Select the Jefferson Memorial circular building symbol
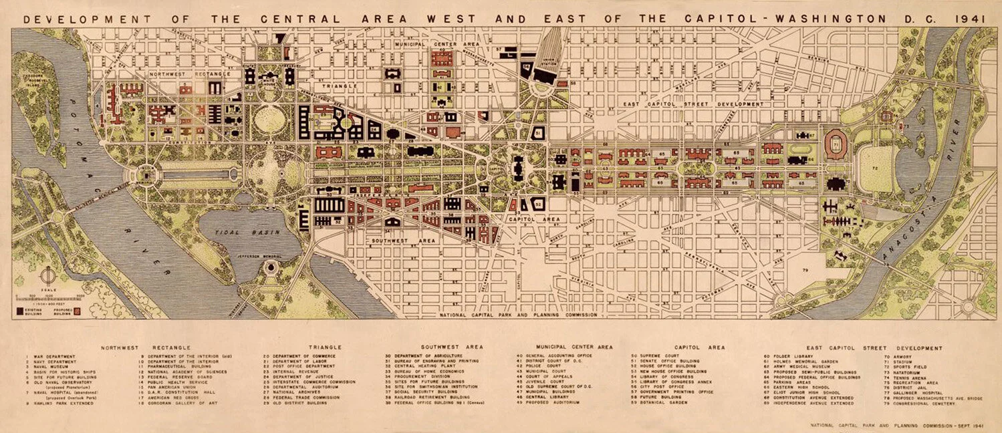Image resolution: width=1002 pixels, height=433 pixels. pyautogui.click(x=270, y=268)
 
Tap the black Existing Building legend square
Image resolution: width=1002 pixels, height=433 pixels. pyautogui.click(x=19, y=310)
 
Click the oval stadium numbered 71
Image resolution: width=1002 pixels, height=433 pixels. pyautogui.click(x=836, y=144)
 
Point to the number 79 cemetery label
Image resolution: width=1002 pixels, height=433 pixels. pyautogui.click(x=805, y=269)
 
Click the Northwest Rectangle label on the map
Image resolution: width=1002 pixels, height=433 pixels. pyautogui.click(x=189, y=74)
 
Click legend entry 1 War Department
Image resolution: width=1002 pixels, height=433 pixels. pyautogui.click(x=50, y=356)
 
